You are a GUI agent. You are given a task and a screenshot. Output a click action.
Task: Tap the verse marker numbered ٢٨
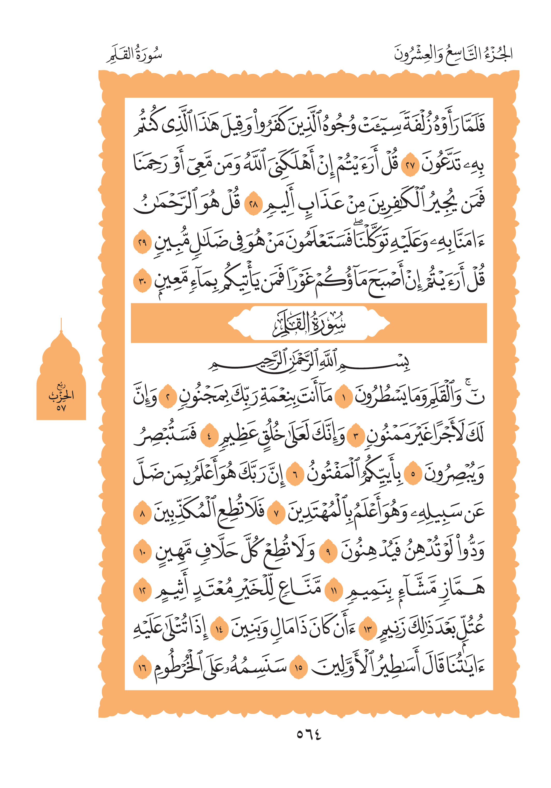pyautogui.click(x=253, y=206)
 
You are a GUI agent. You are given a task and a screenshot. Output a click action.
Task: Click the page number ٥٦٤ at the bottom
pyautogui.click(x=309, y=734)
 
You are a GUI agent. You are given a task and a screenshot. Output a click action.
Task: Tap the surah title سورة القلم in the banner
pyautogui.click(x=309, y=324)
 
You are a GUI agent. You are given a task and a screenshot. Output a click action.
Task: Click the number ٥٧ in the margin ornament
pyautogui.click(x=61, y=408)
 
